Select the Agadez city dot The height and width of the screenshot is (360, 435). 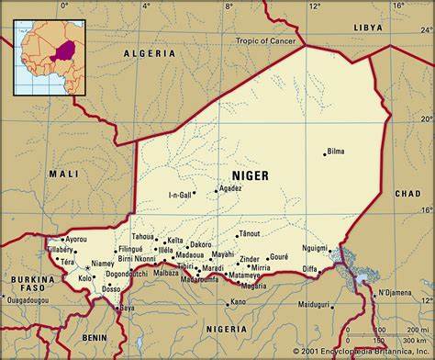pyautogui.click(x=217, y=190)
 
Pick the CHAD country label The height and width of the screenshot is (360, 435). pyautogui.click(x=407, y=195)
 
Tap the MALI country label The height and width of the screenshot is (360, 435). pyautogui.click(x=63, y=174)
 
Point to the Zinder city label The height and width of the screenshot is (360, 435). pyautogui.click(x=249, y=259)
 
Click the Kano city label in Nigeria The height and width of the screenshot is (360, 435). pyautogui.click(x=238, y=301)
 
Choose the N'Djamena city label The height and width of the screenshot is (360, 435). pyautogui.click(x=396, y=293)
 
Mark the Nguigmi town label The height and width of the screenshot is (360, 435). pyautogui.click(x=314, y=248)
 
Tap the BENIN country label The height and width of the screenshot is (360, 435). pyautogui.click(x=94, y=337)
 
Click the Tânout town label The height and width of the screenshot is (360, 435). pyautogui.click(x=250, y=234)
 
